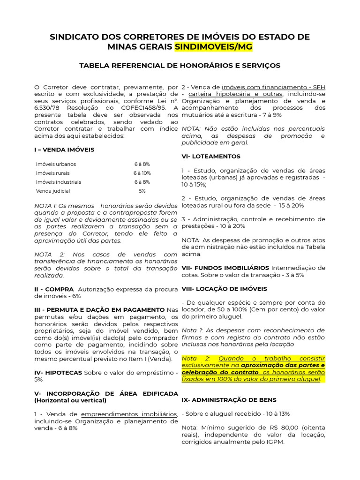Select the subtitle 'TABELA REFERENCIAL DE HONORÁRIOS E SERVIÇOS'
point(180,65)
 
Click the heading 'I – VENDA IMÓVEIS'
point(64,150)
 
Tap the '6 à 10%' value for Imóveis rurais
point(142,173)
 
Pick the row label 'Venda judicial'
point(53,191)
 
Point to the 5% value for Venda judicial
point(142,191)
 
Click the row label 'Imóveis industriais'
point(59,182)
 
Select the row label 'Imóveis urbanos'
point(56,164)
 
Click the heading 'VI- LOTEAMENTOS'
point(210,156)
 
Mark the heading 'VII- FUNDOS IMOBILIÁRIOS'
point(225,268)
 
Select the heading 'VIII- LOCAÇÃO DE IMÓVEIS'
point(224,289)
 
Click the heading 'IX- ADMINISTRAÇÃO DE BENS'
point(229,400)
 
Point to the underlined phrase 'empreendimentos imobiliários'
point(129,414)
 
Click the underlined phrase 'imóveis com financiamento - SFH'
point(273,87)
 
